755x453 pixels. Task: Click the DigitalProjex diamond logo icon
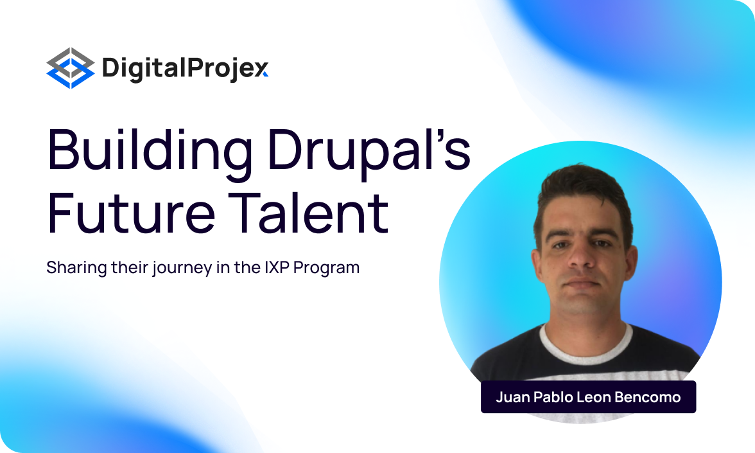coord(71,68)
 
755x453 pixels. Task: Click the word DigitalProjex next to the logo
coord(185,68)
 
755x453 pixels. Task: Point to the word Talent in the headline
coord(308,212)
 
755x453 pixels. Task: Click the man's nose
coord(580,256)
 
